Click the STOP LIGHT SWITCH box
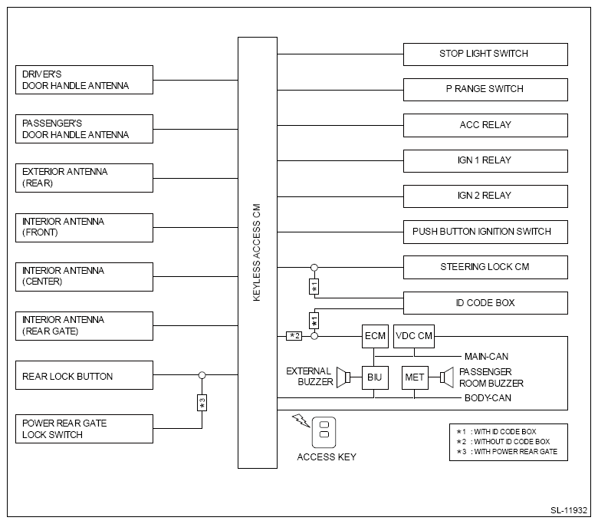click(485, 54)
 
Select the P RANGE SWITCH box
click(485, 89)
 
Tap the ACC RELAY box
click(485, 125)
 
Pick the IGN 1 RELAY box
click(485, 160)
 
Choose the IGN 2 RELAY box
click(485, 196)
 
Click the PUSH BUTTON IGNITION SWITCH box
click(485, 232)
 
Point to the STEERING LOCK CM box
click(485, 267)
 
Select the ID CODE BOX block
click(485, 303)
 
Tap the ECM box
click(375, 335)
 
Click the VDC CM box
click(414, 335)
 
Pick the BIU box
click(375, 377)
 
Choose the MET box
click(414, 377)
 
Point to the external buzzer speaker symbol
click(348, 377)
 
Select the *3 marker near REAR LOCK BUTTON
click(202, 401)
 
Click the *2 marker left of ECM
click(294, 335)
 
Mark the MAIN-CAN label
click(486, 357)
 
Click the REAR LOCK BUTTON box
click(85, 377)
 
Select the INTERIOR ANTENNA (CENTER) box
click(85, 276)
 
